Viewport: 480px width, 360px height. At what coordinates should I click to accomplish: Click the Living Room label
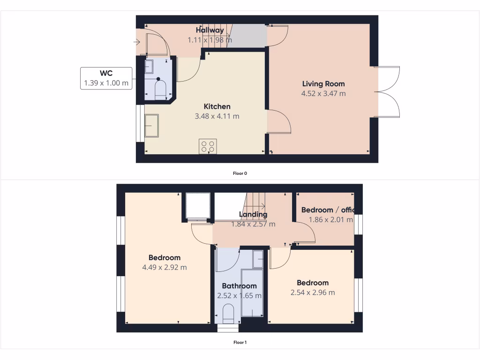pos(323,84)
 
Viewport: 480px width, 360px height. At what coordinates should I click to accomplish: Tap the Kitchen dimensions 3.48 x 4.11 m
pos(217,116)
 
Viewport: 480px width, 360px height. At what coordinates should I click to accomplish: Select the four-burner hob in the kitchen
pos(208,146)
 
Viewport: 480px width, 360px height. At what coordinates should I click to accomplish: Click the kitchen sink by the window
pos(151,126)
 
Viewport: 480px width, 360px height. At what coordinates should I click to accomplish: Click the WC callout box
pos(106,78)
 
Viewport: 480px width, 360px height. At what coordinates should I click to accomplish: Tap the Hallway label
pos(210,30)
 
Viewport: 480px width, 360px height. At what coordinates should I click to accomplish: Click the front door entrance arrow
pos(136,42)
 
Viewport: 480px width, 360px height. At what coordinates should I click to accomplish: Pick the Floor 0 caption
pos(240,173)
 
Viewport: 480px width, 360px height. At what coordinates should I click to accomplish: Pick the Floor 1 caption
pos(240,343)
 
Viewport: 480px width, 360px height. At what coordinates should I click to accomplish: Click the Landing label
pos(253,215)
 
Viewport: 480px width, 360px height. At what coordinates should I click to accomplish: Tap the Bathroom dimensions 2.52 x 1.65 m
pos(239,296)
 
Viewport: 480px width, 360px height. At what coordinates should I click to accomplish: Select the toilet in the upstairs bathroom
pos(228,313)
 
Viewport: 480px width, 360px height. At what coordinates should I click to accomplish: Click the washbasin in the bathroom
pos(258,259)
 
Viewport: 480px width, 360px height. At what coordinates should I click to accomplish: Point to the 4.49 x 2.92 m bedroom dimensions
pos(165,268)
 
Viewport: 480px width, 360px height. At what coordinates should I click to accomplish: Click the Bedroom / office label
pos(328,210)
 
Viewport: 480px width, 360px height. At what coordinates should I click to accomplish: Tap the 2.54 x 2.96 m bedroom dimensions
pos(312,293)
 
